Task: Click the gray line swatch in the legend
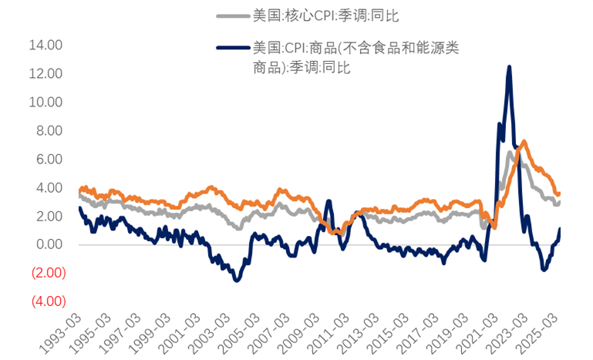point(232,15)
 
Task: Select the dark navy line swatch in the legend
point(232,48)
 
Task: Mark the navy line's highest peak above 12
point(509,67)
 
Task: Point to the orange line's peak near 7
point(524,142)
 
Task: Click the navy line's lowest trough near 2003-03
point(236,281)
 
